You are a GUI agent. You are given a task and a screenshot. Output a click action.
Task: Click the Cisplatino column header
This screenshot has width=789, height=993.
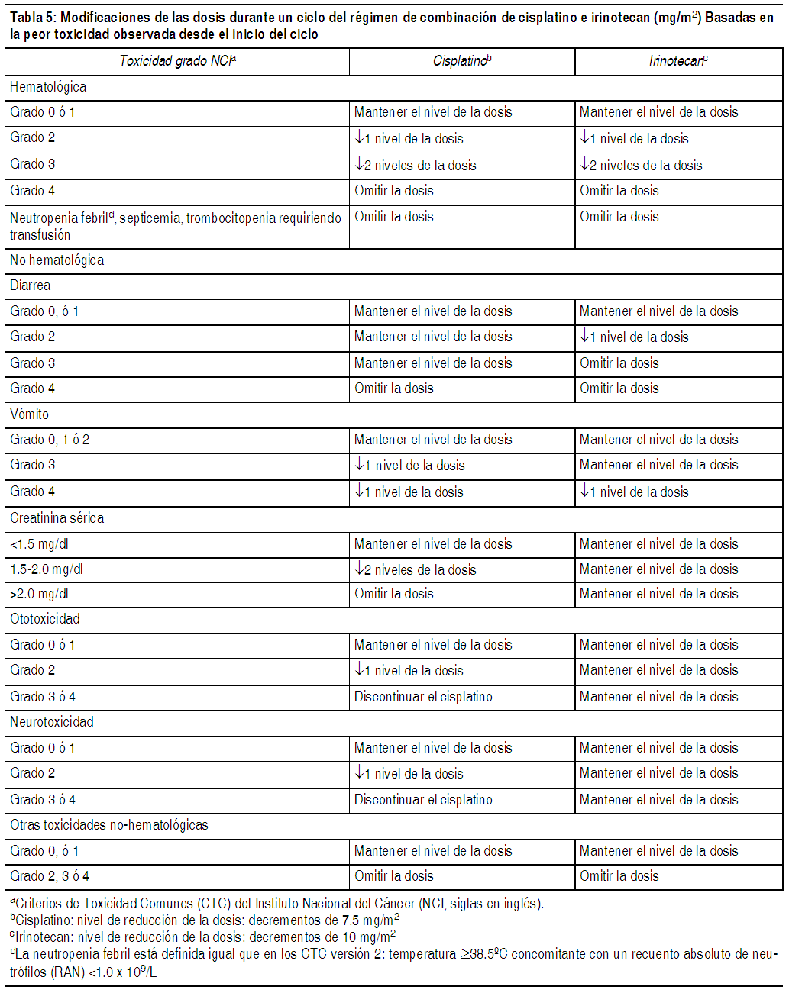462,61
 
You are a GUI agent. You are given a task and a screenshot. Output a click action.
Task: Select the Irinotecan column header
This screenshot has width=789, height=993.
678,61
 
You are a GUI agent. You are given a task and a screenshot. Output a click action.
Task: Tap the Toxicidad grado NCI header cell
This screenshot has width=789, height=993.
177,61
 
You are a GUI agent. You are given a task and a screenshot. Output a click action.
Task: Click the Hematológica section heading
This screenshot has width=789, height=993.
48,87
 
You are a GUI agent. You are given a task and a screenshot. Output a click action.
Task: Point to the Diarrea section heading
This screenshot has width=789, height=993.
31,285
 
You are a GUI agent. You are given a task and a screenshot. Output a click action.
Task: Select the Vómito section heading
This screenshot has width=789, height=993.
30,414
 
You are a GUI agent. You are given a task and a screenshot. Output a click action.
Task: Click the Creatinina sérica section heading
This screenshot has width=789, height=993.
57,518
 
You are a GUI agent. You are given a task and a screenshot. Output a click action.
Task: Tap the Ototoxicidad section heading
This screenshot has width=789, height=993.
45,619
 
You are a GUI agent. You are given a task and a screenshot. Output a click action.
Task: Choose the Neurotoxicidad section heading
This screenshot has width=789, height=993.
52,722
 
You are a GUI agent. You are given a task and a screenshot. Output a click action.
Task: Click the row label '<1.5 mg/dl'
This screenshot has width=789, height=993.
39,544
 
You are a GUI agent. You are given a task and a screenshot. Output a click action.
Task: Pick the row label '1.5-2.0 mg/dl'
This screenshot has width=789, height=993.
47,569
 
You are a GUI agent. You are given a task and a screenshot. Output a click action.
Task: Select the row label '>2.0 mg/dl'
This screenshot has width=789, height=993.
39,594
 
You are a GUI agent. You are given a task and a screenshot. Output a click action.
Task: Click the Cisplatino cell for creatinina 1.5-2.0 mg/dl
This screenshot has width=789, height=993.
416,569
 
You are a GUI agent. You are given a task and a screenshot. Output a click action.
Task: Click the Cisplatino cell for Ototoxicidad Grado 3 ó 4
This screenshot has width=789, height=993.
423,697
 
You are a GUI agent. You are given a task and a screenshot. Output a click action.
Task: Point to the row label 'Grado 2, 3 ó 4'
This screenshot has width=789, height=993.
50,876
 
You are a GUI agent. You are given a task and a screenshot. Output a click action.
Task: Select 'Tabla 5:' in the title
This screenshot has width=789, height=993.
33,18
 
